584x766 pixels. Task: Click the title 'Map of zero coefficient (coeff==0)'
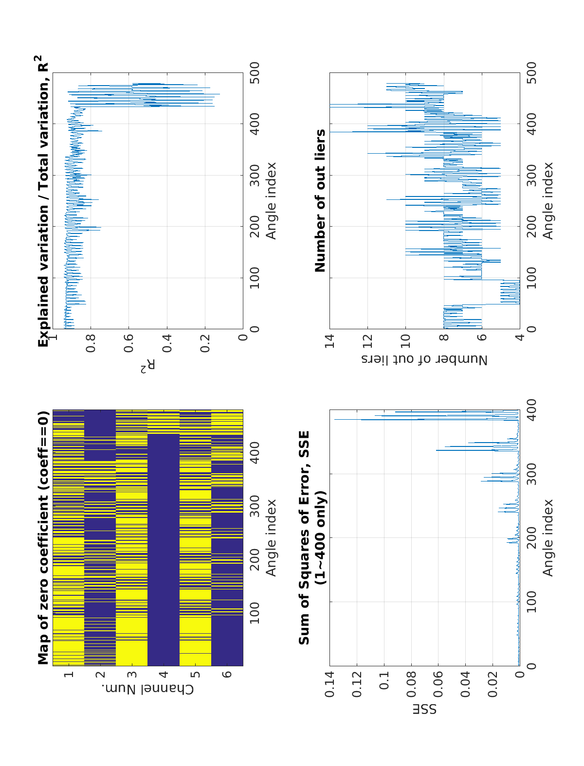43,538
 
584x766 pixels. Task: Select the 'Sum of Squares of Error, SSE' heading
304,538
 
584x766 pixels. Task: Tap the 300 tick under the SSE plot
531,474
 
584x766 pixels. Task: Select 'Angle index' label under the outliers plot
548,201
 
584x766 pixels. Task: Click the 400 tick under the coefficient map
254,452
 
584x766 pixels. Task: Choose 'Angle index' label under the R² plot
271,201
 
